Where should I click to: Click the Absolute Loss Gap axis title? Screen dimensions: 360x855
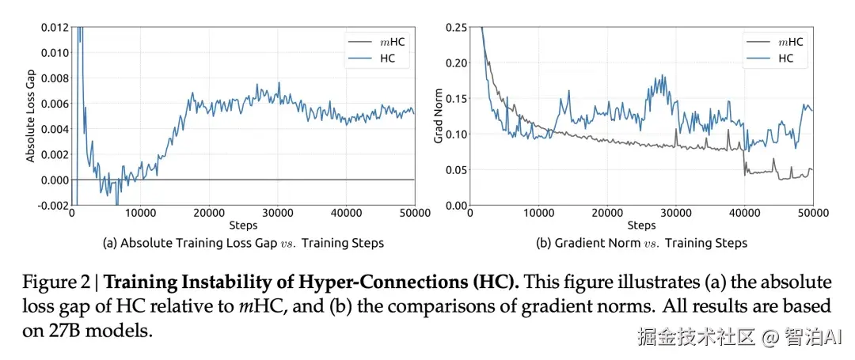click(x=30, y=116)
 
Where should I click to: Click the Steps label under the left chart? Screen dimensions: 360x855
click(x=243, y=225)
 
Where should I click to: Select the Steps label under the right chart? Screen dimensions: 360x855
click(x=642, y=225)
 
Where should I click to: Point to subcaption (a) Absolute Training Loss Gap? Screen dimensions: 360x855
click(x=243, y=243)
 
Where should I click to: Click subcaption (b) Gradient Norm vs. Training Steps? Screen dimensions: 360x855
click(x=642, y=243)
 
